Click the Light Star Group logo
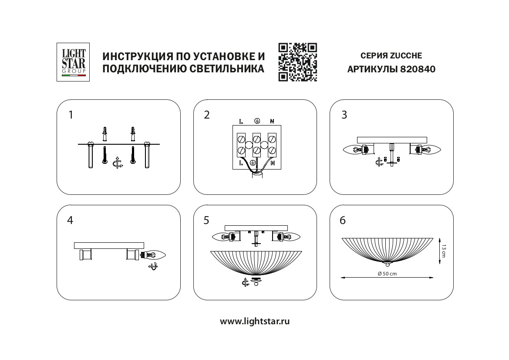[73, 62]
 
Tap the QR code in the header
[297, 62]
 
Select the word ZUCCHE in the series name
[406, 56]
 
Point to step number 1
[71, 115]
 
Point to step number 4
[70, 221]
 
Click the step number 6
[343, 221]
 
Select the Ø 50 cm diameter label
[387, 273]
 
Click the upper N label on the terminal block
[272, 121]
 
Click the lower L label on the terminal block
[241, 163]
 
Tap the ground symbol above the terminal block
[257, 120]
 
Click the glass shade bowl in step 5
[255, 263]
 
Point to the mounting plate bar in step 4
[109, 245]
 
